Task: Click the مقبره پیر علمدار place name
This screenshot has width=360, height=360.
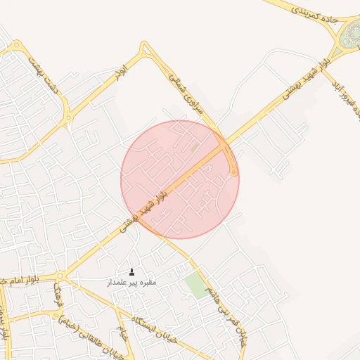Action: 131,283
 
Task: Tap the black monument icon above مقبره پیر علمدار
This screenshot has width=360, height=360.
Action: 131,272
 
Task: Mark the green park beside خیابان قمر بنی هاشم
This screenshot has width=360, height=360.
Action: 197,285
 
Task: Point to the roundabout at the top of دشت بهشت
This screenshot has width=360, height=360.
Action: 13,44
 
